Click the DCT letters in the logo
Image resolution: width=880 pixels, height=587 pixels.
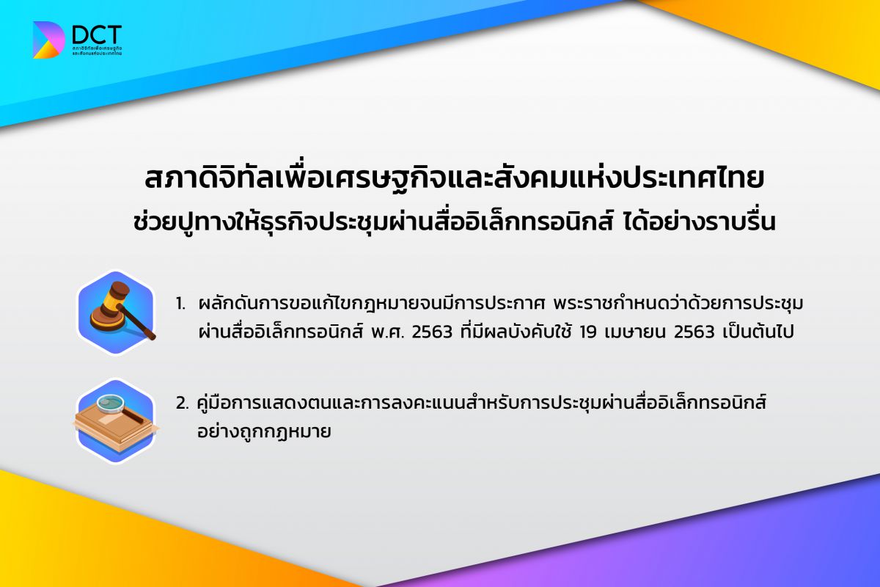coord(97,35)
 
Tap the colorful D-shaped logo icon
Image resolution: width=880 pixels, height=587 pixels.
coord(48,40)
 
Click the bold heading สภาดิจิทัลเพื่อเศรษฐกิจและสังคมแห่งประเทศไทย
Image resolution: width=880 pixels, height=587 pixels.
coord(454,179)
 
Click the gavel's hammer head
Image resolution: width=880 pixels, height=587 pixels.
coord(116,297)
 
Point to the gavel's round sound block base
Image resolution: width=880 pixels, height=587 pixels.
coord(107,319)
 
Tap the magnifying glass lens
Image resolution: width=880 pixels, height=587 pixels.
coord(111,403)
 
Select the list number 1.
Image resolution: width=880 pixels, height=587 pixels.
coord(180,304)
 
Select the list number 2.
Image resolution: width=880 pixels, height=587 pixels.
coord(183,404)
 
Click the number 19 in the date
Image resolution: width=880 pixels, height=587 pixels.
coord(588,332)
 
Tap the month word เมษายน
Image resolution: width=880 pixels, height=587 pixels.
coord(635,332)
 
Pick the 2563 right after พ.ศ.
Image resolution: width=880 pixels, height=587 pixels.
coord(432,332)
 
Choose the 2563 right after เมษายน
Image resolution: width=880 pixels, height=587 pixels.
coord(694,332)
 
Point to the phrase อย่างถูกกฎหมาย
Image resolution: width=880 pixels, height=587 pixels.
coord(265,431)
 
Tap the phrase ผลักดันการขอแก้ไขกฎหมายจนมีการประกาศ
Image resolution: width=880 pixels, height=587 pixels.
coord(371,303)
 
